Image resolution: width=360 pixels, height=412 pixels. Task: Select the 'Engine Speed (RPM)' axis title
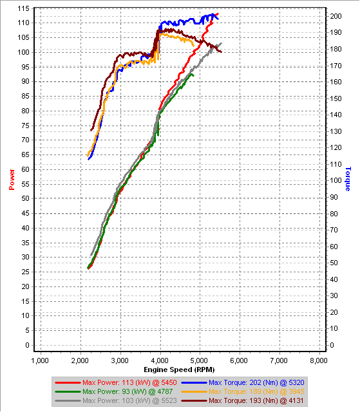pos(179,370)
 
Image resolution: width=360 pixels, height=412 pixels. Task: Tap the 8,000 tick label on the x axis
pos(318,360)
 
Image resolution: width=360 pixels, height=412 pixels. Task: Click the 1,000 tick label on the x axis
pos(41,360)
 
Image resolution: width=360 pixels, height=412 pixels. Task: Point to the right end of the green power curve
pos(192,74)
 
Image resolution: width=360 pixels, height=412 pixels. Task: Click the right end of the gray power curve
pos(221,44)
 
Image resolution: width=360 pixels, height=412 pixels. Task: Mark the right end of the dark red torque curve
pos(221,51)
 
